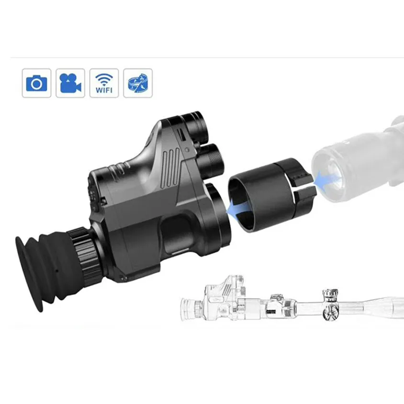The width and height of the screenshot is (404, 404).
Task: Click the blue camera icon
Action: pyautogui.click(x=36, y=83)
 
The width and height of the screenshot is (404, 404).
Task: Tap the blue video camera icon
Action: pyautogui.click(x=70, y=83)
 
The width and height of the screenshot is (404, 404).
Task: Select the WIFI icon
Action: pyautogui.click(x=104, y=83)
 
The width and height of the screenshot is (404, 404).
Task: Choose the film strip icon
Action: pyautogui.click(x=138, y=83)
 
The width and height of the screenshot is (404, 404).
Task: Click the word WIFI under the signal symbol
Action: pyautogui.click(x=104, y=90)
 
